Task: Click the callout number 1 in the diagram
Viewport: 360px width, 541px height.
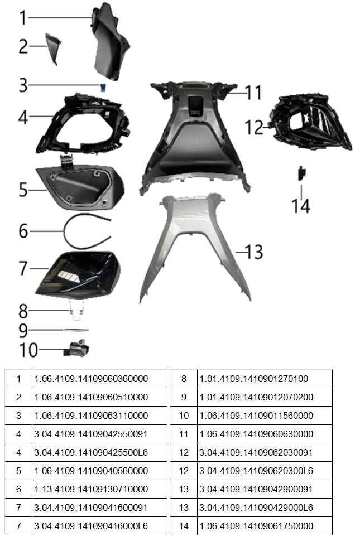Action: coord(23,18)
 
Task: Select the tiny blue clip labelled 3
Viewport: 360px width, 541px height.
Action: coord(103,88)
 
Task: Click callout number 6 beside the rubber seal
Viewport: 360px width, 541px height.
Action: coord(23,230)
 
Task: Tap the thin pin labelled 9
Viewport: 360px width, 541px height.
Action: coord(76,330)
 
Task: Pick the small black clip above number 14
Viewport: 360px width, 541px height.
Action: coord(302,173)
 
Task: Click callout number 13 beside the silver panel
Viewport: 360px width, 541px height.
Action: coord(254,252)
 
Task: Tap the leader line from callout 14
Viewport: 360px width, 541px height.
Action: coord(301,192)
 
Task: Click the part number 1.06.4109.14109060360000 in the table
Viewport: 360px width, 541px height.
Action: coord(91,379)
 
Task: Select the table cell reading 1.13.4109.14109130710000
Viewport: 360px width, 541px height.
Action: coord(91,489)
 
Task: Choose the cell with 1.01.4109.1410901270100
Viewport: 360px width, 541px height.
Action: coord(254,379)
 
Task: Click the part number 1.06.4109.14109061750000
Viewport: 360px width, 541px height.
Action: coord(256,526)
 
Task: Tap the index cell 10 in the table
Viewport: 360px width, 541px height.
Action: coord(184,416)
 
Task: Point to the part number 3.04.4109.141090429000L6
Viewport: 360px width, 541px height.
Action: coord(256,508)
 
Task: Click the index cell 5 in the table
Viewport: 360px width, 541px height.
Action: coord(18,471)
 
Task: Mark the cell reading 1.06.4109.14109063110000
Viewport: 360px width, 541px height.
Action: coord(91,416)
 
